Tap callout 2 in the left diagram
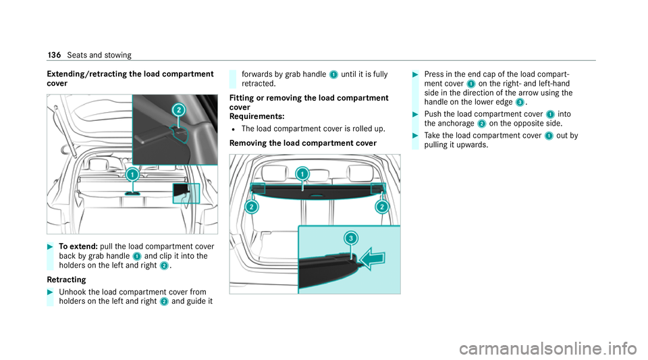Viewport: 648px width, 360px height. [x=178, y=109]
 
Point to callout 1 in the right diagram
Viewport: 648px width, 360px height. [x=302, y=174]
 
